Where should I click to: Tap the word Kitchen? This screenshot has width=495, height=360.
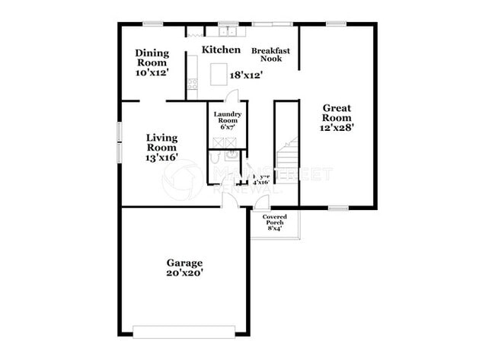[221, 49]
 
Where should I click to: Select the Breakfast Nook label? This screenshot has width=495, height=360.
[271, 54]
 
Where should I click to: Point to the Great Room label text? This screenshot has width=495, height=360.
[337, 113]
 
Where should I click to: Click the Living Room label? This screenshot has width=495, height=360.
[161, 142]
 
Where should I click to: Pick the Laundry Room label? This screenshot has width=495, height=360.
[228, 118]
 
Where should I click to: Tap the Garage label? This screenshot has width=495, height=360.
[185, 263]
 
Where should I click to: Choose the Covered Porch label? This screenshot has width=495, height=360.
[275, 221]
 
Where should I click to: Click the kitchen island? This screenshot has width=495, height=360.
[220, 73]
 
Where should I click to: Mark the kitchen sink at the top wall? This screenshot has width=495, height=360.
[228, 33]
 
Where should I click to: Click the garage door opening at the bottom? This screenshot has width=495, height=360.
[184, 331]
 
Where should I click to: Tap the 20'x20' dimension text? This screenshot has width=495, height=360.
[185, 272]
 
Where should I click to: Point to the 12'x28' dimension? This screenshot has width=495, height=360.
[337, 128]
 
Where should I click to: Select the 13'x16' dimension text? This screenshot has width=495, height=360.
[161, 158]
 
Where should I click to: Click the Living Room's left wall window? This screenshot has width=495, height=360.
[118, 142]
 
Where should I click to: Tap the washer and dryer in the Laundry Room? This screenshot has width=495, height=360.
[228, 141]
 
